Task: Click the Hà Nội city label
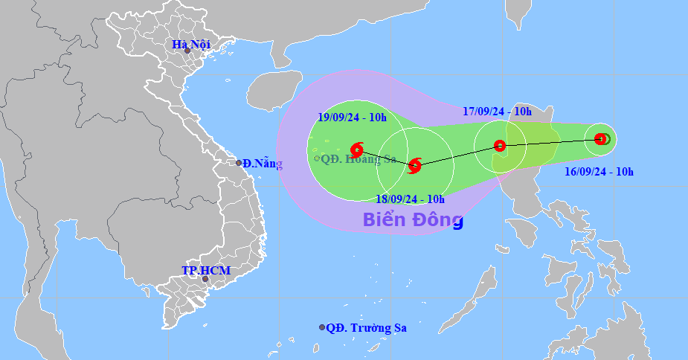click(x=191, y=44)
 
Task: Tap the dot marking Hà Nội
click(x=187, y=51)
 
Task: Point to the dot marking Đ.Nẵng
click(x=239, y=163)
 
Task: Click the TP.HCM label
click(x=206, y=271)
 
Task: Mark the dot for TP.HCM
click(x=205, y=279)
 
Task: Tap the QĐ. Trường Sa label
click(x=367, y=327)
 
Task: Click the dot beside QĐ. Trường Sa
click(x=322, y=327)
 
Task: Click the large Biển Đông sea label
click(x=413, y=219)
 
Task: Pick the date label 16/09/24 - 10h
click(x=598, y=172)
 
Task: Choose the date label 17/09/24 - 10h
click(x=497, y=112)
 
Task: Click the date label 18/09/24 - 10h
click(x=410, y=199)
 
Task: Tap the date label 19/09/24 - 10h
click(x=352, y=117)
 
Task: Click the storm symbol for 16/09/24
click(x=601, y=138)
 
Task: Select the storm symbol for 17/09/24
click(x=500, y=146)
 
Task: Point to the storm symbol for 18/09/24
click(x=415, y=165)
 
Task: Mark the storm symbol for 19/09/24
click(x=357, y=150)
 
